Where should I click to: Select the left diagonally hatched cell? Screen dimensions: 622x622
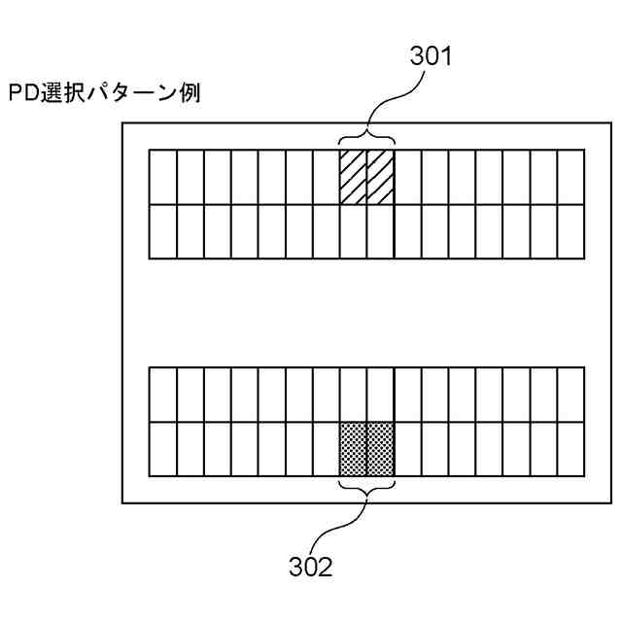pyautogui.click(x=353, y=177)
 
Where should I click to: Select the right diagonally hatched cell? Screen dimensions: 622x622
pyautogui.click(x=380, y=177)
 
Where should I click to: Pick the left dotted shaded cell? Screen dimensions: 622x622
pyautogui.click(x=353, y=449)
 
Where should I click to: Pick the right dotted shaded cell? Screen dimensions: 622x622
pyautogui.click(x=380, y=449)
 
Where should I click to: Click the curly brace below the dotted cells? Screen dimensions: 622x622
pyautogui.click(x=366, y=488)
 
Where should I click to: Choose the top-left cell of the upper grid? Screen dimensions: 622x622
pyautogui.click(x=162, y=177)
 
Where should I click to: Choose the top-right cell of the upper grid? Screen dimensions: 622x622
pyautogui.click(x=570, y=177)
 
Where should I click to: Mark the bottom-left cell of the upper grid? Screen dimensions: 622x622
pyautogui.click(x=162, y=231)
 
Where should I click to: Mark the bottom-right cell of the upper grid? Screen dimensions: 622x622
pyautogui.click(x=570, y=231)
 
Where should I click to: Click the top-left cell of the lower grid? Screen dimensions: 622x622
pyautogui.click(x=162, y=395)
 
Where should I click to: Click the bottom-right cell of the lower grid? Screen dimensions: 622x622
pyautogui.click(x=570, y=449)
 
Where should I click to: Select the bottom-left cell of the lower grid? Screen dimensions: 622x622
pyautogui.click(x=162, y=449)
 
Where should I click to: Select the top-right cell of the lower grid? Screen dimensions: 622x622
pyautogui.click(x=570, y=395)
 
